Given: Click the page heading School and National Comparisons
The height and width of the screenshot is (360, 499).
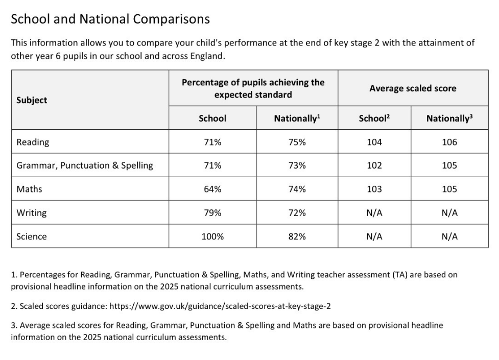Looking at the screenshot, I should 110,19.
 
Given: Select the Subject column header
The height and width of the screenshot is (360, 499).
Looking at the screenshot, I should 32,100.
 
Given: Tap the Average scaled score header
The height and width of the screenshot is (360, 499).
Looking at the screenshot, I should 413,88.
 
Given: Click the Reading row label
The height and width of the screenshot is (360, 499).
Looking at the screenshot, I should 33,142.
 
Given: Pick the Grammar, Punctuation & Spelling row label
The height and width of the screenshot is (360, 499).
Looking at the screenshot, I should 85,165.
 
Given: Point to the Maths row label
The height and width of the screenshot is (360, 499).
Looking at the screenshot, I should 29,189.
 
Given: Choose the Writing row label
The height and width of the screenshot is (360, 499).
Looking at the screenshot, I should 31,212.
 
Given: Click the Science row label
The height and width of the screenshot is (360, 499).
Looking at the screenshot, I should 31,236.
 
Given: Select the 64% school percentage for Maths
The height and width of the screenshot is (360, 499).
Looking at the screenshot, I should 212,189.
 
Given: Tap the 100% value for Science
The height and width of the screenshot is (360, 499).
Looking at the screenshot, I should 212,236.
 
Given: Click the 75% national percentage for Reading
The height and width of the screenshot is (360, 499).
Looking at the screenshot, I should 297,142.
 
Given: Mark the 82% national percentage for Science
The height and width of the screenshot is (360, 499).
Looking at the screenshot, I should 297,236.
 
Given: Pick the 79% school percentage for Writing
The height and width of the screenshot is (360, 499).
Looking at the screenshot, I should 212,212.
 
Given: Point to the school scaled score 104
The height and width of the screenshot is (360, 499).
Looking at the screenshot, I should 374,142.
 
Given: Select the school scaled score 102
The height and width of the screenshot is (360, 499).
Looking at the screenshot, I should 374,165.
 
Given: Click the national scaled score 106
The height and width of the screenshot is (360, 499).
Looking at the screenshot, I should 449,142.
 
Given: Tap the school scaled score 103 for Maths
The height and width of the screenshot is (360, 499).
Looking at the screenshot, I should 374,189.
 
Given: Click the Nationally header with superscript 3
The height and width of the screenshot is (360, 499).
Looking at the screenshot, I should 449,118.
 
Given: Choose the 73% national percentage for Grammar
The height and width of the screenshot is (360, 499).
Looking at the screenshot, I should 297,165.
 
